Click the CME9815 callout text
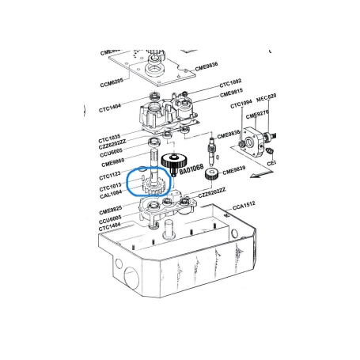click(x=233, y=93)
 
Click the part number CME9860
click(x=113, y=162)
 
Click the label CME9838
click(x=229, y=135)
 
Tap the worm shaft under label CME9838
click(x=211, y=150)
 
